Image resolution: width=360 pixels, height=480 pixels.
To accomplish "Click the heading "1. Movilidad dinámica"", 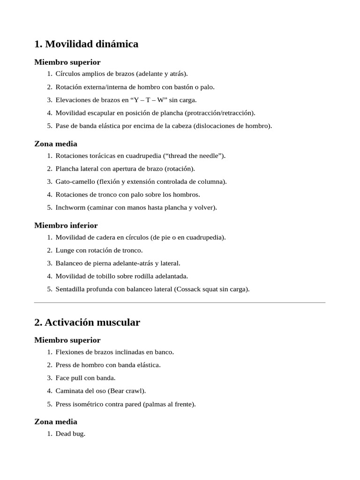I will tap(86, 44).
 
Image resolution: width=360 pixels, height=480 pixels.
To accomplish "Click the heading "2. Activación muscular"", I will tap(87, 322).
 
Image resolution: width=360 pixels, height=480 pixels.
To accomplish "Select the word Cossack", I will tap(189, 289).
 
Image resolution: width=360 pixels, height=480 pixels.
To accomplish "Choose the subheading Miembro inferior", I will tap(66, 225).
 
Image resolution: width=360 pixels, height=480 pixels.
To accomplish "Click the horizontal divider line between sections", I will tap(180, 302).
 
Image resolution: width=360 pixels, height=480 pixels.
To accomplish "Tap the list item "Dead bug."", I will tap(70, 434).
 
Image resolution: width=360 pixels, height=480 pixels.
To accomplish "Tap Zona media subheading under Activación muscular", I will tap(56, 421).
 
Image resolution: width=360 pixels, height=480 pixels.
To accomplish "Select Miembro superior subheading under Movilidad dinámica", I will tap(67, 62).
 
